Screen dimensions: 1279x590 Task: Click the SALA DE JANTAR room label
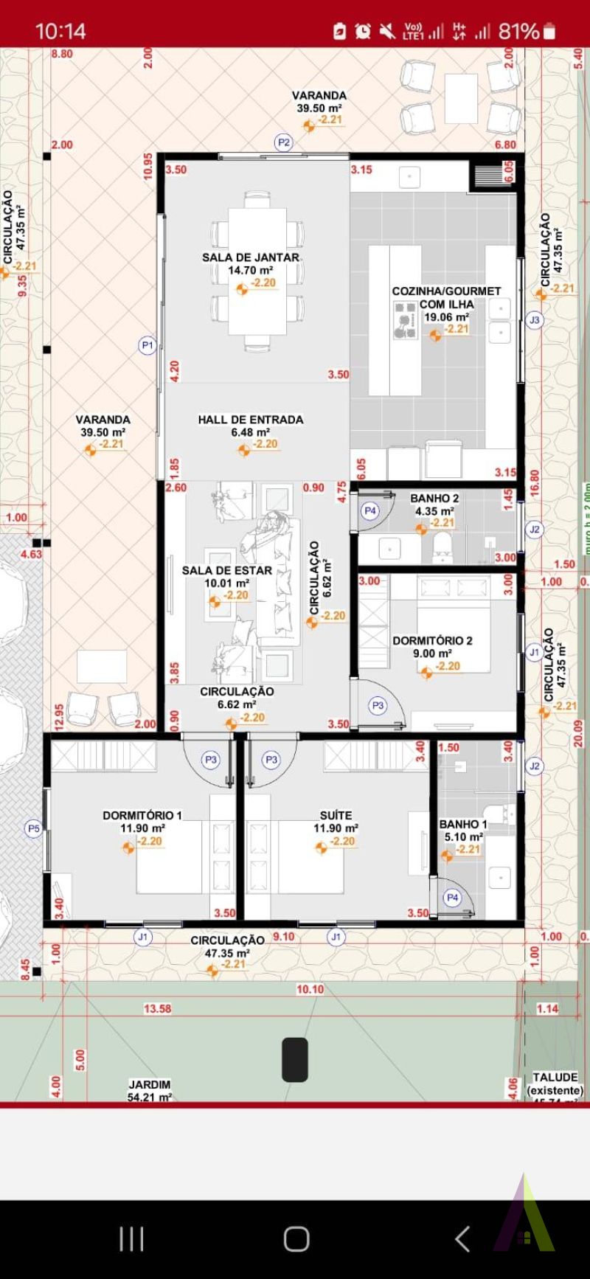(251, 257)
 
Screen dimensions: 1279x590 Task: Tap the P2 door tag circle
(283, 142)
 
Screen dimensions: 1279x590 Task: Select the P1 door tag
(147, 344)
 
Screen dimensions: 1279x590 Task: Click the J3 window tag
(535, 320)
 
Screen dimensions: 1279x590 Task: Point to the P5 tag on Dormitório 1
(34, 829)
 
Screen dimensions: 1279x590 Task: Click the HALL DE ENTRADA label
(251, 420)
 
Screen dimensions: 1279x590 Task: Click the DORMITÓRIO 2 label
(432, 641)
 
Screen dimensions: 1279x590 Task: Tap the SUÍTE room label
(336, 816)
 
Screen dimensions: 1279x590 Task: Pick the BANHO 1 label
(463, 824)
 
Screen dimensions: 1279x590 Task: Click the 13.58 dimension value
(157, 1008)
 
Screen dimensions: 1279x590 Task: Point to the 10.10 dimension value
(310, 989)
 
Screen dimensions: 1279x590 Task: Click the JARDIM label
(150, 1084)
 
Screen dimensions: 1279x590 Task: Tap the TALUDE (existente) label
(555, 1084)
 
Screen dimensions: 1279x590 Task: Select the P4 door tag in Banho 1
(452, 898)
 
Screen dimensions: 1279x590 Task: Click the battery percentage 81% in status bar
(518, 31)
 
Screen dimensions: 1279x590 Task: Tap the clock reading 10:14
(60, 31)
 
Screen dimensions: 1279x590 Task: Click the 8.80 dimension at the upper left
(62, 54)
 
